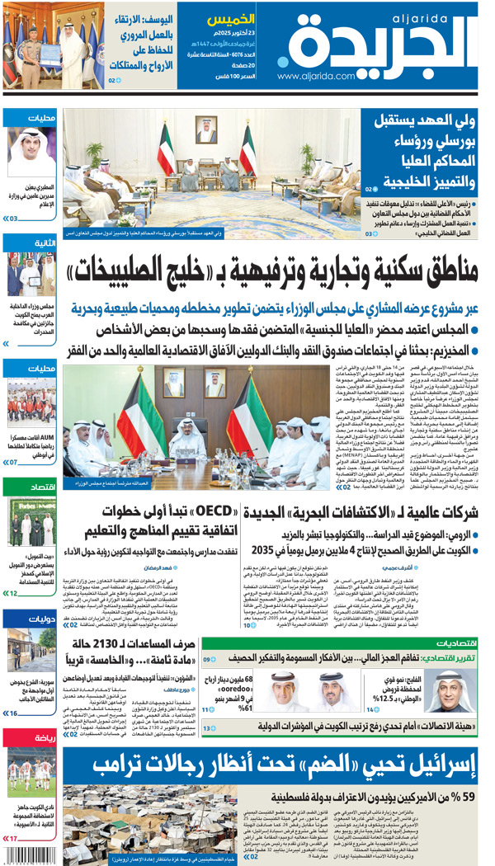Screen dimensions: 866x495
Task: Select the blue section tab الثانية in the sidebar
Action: coord(33,243)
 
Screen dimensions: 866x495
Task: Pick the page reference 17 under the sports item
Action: coord(12,838)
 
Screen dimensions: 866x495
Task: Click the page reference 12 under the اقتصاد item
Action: coord(12,593)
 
